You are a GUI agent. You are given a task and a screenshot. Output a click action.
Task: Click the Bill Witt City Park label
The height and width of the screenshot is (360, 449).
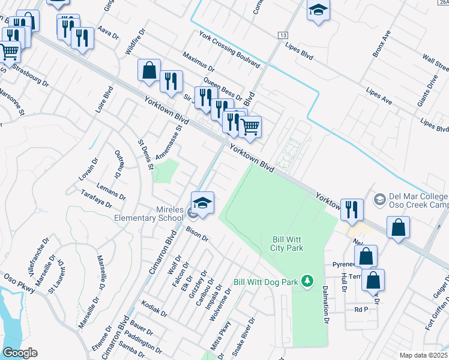pos(286,243)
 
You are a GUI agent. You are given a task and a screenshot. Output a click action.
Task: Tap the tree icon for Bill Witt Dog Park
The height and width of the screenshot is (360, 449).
pos(307,281)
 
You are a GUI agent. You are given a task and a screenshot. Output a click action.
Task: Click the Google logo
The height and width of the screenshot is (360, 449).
pos(19,353)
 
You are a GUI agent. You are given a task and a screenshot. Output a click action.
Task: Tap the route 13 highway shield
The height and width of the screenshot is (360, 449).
pos(282,36)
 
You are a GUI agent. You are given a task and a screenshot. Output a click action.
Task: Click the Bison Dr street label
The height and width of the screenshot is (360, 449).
pos(196,234)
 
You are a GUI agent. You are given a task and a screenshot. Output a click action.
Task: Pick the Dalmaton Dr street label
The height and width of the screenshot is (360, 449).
pos(328,304)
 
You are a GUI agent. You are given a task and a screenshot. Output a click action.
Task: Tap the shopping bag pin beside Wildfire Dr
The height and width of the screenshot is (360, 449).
pos(149,70)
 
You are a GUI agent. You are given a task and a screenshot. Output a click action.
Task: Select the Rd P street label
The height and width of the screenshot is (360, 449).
pos(360,310)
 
